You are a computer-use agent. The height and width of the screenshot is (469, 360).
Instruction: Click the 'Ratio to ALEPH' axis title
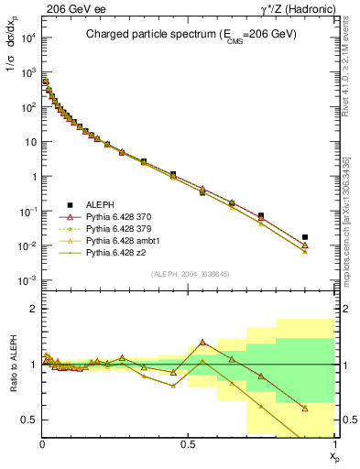click(11, 365)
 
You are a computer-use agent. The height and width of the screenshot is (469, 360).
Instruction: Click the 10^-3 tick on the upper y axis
click(27, 280)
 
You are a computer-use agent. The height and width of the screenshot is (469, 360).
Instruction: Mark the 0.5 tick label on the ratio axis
click(29, 420)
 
